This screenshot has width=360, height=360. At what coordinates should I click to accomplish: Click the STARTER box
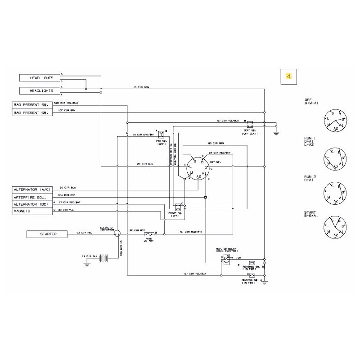point(47,234)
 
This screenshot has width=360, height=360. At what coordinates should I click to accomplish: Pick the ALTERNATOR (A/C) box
point(32,189)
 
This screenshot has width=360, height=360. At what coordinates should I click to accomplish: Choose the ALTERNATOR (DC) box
point(32,203)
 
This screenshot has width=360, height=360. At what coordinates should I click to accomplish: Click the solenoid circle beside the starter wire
point(117,233)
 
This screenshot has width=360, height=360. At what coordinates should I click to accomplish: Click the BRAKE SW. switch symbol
point(178,207)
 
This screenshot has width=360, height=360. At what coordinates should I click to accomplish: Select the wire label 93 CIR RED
point(84,232)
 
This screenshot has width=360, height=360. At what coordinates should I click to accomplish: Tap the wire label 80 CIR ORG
point(216,144)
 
